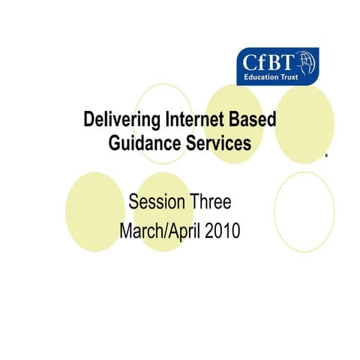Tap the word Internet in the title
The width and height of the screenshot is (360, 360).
190,120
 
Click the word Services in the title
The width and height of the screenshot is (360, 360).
214,143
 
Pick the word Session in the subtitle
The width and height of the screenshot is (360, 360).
155,202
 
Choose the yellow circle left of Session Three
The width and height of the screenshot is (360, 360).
94,211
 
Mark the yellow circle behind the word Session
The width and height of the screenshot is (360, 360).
163,211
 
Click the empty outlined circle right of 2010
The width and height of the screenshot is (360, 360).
304,211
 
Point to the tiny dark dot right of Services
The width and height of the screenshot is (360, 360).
326,158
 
